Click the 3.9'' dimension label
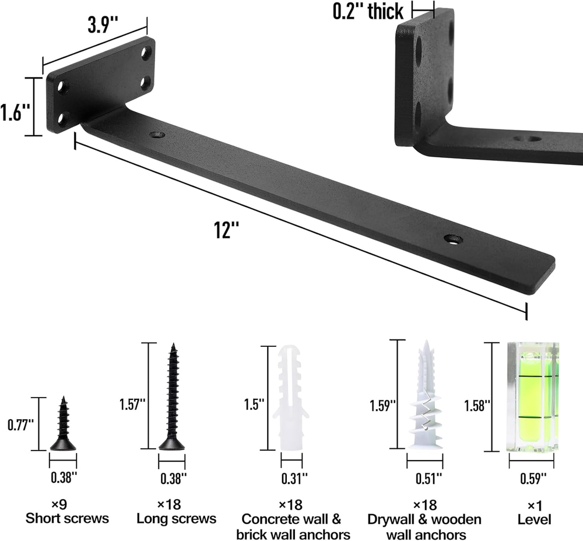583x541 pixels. point(103,25)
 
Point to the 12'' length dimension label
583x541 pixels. point(226,230)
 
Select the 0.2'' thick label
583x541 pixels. point(367,11)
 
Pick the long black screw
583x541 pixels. point(172,396)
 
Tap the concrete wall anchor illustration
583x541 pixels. point(291,398)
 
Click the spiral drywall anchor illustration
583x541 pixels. point(426,395)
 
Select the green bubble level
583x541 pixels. point(532,397)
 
